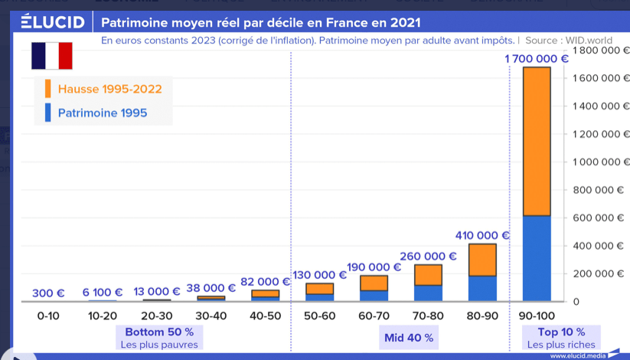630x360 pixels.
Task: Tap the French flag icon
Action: tap(52, 56)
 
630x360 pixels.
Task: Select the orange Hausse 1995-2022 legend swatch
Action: tap(48, 88)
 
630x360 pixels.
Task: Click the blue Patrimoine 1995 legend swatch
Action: tap(48, 113)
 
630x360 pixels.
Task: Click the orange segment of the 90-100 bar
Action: tap(537, 142)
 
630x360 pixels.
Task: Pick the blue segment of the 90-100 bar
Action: tap(537, 258)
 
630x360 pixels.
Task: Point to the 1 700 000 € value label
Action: tap(537, 58)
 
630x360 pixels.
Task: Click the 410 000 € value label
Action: tap(482, 235)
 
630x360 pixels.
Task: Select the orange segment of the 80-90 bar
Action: tap(482, 260)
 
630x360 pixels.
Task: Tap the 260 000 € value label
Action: tap(428, 257)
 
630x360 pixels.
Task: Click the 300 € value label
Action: tap(48, 293)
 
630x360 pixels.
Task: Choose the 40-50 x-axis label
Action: tap(265, 315)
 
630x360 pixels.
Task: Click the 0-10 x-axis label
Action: tap(48, 315)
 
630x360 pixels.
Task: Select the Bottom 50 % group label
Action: tap(159, 332)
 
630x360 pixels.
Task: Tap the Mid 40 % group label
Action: tap(409, 337)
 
